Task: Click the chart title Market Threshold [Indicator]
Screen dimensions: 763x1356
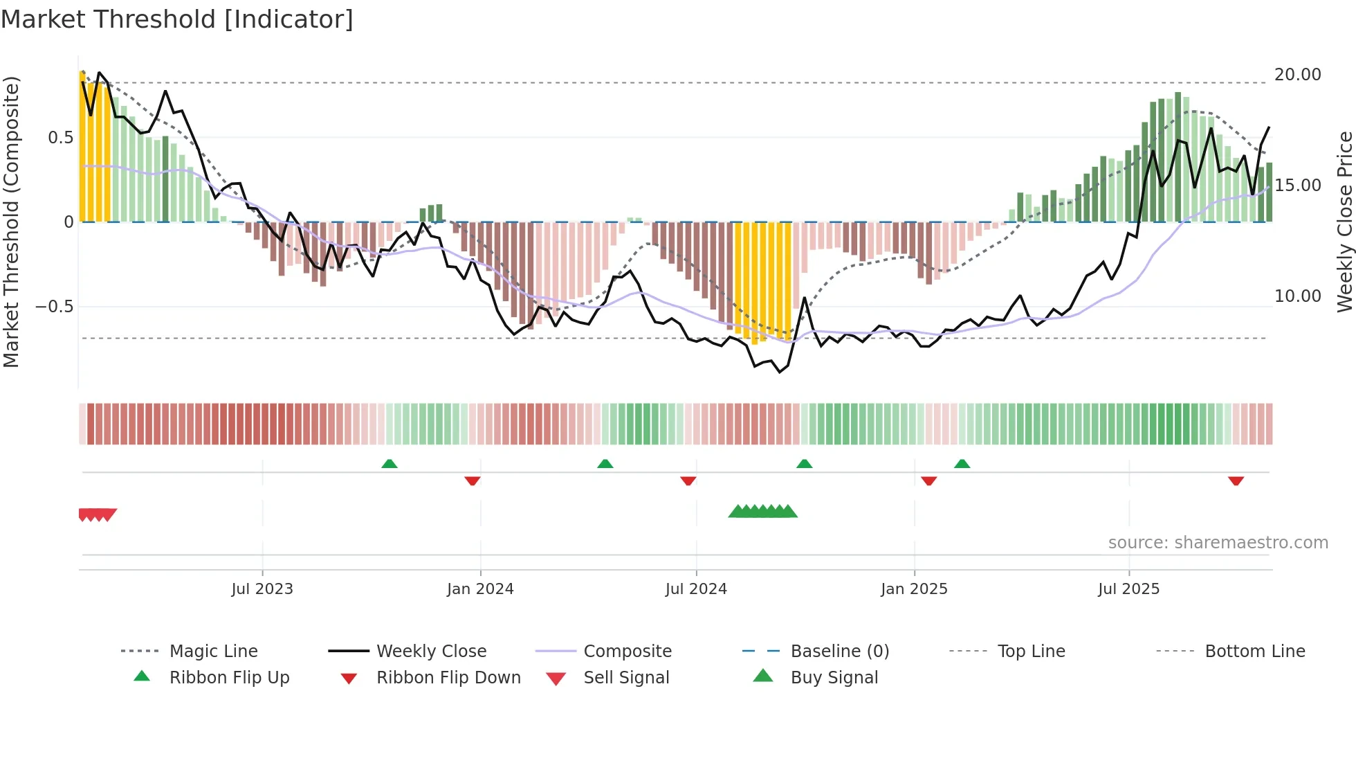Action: tap(177, 19)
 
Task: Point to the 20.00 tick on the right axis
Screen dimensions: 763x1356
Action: tap(1297, 75)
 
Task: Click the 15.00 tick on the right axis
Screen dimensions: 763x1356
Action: tap(1297, 186)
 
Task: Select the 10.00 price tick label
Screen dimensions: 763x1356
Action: tap(1297, 296)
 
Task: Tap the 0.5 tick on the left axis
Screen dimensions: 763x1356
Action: tap(61, 138)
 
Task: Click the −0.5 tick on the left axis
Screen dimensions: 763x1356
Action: tap(55, 307)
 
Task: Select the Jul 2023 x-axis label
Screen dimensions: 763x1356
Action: tap(262, 589)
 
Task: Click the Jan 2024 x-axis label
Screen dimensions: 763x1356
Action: tap(480, 589)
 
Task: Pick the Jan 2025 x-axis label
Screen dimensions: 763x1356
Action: tap(914, 589)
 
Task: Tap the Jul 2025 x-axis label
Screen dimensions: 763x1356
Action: tap(1128, 589)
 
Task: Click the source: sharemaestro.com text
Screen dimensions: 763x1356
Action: tap(1218, 543)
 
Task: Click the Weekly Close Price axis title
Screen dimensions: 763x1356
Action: tap(1344, 222)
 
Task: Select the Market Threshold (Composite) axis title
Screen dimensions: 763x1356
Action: tap(11, 222)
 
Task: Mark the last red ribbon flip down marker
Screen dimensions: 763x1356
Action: tap(1236, 481)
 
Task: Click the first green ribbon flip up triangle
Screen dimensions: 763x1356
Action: tap(390, 464)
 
